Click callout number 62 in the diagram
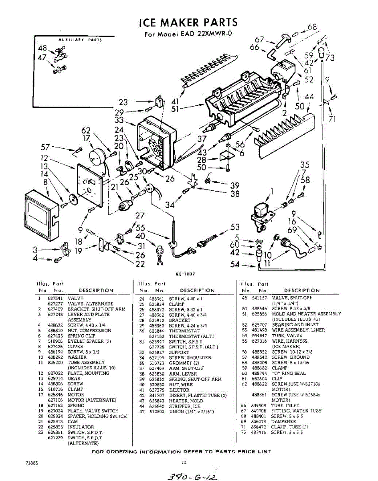click(86, 130)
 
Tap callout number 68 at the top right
click(312, 27)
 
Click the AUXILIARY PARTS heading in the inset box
click(80, 40)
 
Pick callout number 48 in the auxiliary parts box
click(42, 49)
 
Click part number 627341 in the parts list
click(54, 298)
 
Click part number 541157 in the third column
click(259, 298)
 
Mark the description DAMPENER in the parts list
click(285, 421)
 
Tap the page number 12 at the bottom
click(183, 462)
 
